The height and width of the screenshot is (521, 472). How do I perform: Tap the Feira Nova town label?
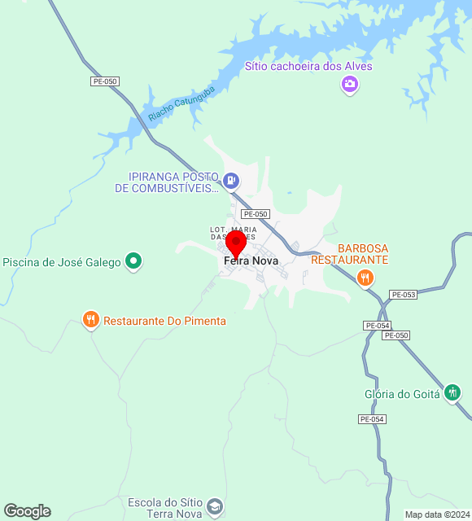point(251,260)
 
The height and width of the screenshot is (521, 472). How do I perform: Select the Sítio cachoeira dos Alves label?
point(308,66)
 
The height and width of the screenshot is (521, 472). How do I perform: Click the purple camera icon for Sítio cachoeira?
point(350,84)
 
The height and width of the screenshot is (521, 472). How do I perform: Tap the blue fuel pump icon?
point(232,180)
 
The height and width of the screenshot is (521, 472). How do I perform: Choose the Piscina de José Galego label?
point(62,262)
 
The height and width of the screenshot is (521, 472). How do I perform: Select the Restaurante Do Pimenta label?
point(164,321)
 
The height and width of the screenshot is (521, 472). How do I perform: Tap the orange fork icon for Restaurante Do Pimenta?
point(91,320)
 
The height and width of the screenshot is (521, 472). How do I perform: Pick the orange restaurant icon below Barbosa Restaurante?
point(365,278)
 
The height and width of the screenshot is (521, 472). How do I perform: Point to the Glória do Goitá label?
point(402,394)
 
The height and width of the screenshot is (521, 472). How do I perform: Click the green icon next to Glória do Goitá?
point(452,392)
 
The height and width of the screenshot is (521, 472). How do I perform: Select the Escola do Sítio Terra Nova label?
point(168,508)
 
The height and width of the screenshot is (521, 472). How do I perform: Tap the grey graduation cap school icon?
point(214,507)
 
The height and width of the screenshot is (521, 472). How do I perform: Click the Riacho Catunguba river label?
point(181,104)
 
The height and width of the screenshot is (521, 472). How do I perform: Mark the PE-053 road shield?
point(403,294)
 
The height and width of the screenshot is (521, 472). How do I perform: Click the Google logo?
point(27,511)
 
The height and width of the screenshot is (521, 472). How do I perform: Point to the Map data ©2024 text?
point(437,514)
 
